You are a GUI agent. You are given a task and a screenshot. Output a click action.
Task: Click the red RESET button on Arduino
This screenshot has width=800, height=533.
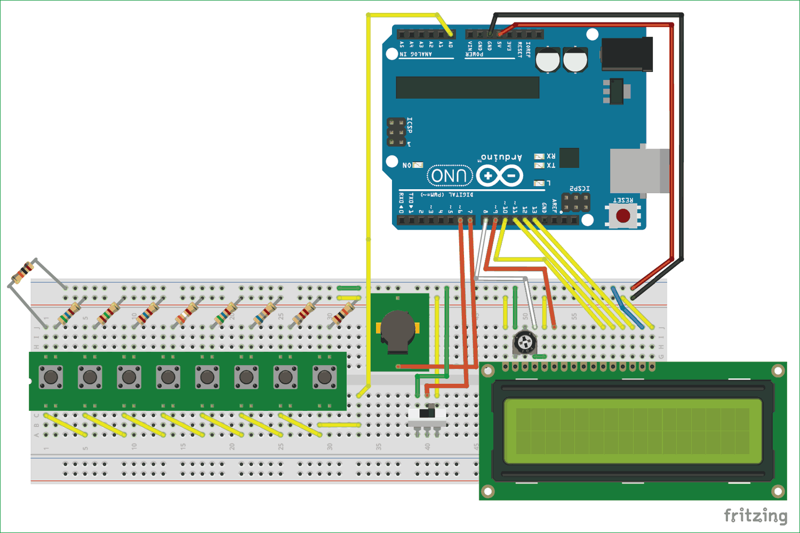coord(623,215)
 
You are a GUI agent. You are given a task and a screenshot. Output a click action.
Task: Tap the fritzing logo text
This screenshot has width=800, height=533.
coord(755,515)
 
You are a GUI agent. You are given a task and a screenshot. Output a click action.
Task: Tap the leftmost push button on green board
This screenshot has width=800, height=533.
coord(51,377)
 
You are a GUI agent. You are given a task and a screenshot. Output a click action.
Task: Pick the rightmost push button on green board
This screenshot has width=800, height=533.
coord(324,377)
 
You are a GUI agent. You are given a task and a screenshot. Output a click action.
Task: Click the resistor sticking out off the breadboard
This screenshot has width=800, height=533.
coord(22,273)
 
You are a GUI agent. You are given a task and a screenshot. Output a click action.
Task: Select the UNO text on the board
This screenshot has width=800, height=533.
coord(450,176)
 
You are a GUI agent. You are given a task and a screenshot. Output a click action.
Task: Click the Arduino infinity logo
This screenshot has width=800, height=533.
coord(499,175)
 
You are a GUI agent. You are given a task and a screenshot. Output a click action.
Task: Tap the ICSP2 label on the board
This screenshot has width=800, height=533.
coord(579,188)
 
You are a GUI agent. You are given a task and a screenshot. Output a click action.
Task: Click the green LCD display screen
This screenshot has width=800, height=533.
coord(633,431)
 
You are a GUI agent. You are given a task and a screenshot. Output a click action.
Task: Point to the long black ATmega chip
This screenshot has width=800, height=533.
coord(467,87)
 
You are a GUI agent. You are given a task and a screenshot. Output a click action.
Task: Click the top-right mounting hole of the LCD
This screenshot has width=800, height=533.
coord(778,370)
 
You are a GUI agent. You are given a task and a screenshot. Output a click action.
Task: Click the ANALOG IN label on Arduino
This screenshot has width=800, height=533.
coord(416,54)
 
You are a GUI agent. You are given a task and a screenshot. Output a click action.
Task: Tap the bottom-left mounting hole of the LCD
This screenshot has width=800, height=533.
coord(487,491)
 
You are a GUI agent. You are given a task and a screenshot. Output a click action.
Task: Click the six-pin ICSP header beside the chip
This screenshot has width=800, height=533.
coord(396,132)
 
